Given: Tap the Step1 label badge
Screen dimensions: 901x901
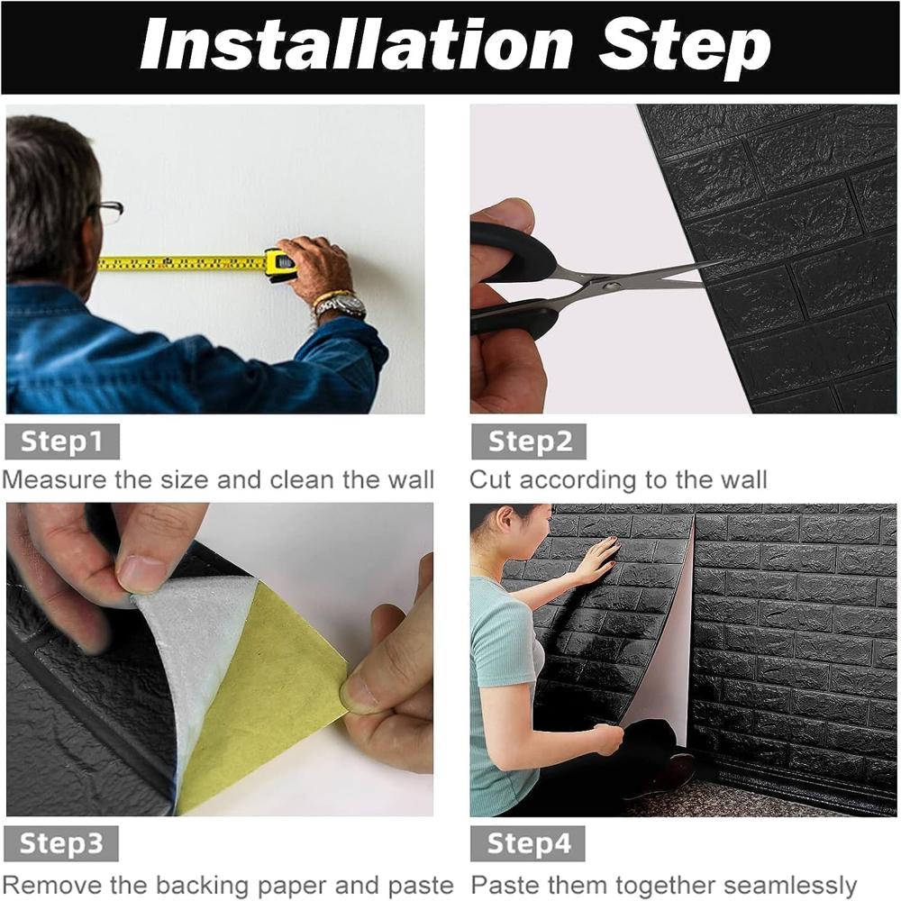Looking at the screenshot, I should tap(62, 441).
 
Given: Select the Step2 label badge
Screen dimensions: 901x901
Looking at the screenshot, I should tap(529, 441).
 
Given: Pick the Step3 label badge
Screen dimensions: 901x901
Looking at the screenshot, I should tap(62, 843).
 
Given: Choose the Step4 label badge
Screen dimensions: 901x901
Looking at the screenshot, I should tap(529, 843).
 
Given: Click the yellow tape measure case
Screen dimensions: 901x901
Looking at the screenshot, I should tap(280, 263).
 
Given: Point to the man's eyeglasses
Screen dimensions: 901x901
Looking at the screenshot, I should tap(110, 211).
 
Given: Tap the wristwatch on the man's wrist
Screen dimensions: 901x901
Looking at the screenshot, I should tap(341, 306).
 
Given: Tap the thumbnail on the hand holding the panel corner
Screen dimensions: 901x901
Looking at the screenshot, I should tap(141, 573).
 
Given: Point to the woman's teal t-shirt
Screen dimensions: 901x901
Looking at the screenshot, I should tap(496, 667).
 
